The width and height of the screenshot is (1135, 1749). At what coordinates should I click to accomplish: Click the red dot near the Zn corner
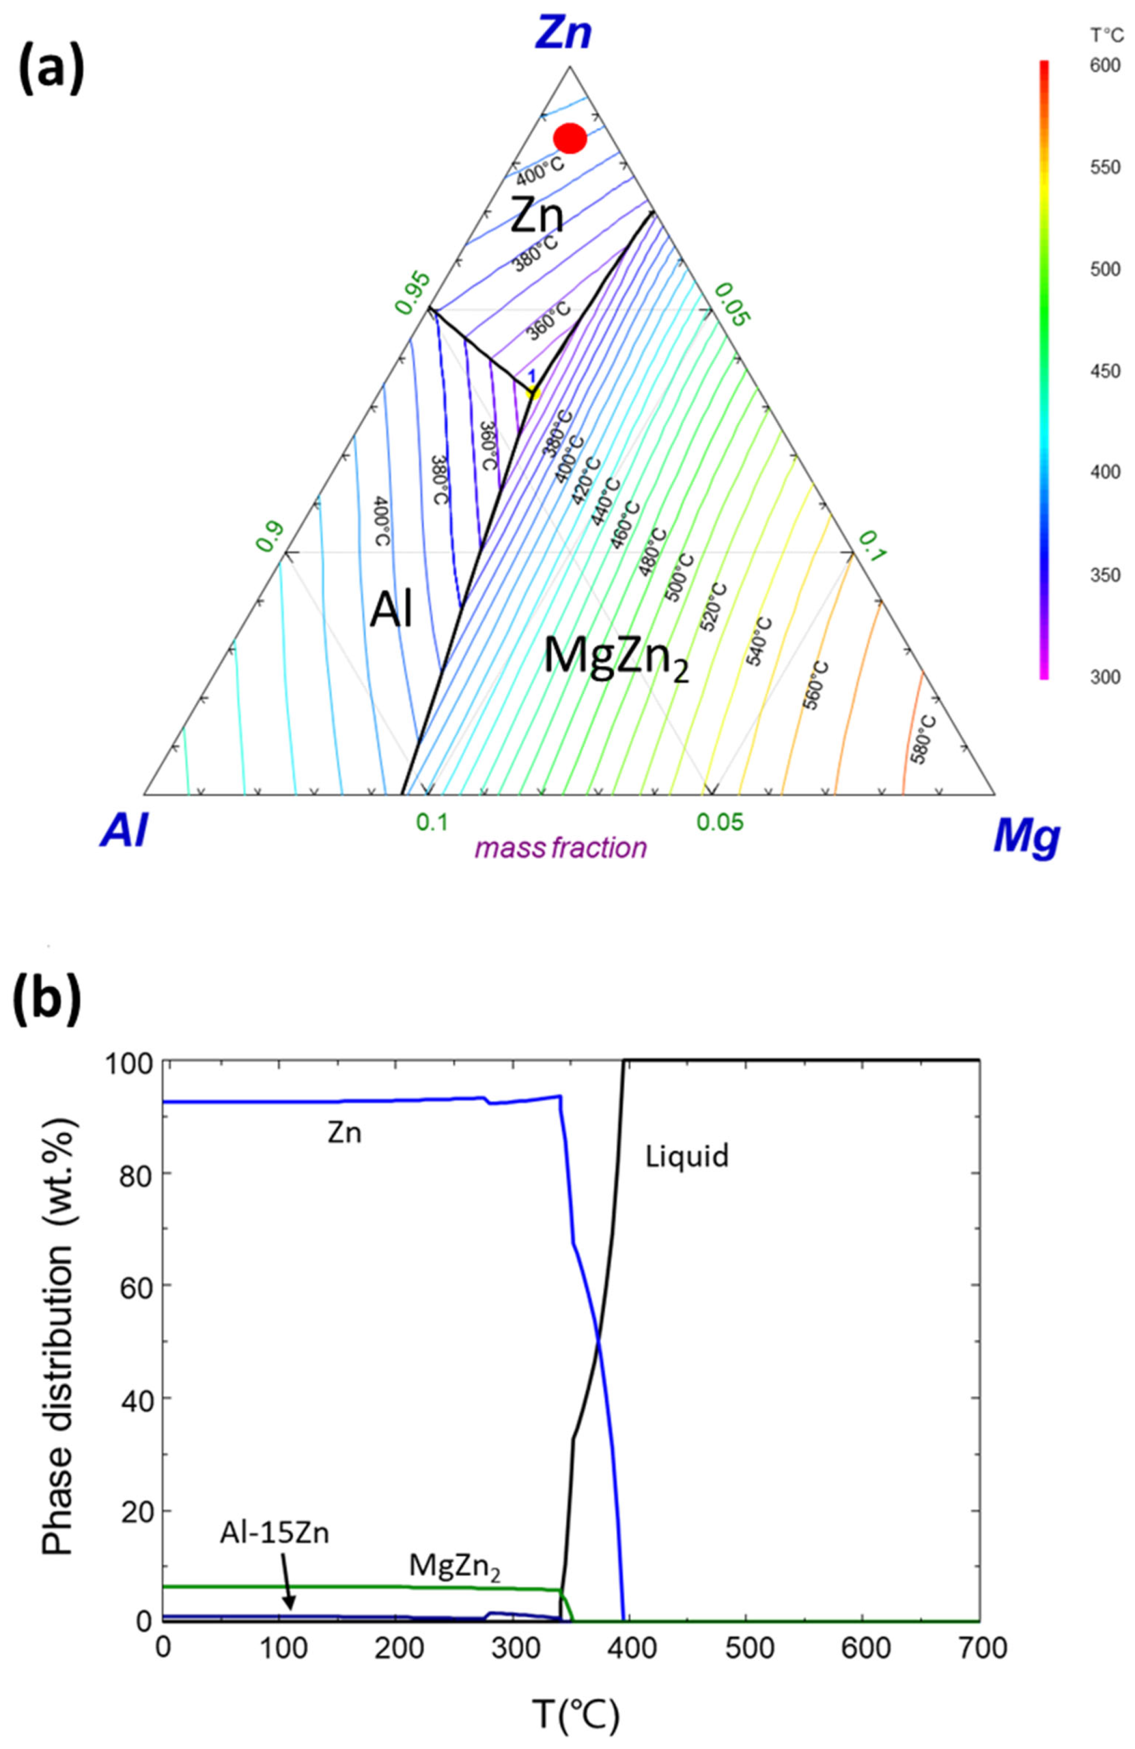(570, 138)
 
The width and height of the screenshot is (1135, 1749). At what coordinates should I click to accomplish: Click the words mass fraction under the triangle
(560, 848)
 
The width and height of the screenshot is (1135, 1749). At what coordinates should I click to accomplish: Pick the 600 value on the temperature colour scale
(1105, 66)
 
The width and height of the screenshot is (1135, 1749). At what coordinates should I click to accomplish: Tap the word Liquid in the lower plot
(687, 1157)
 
